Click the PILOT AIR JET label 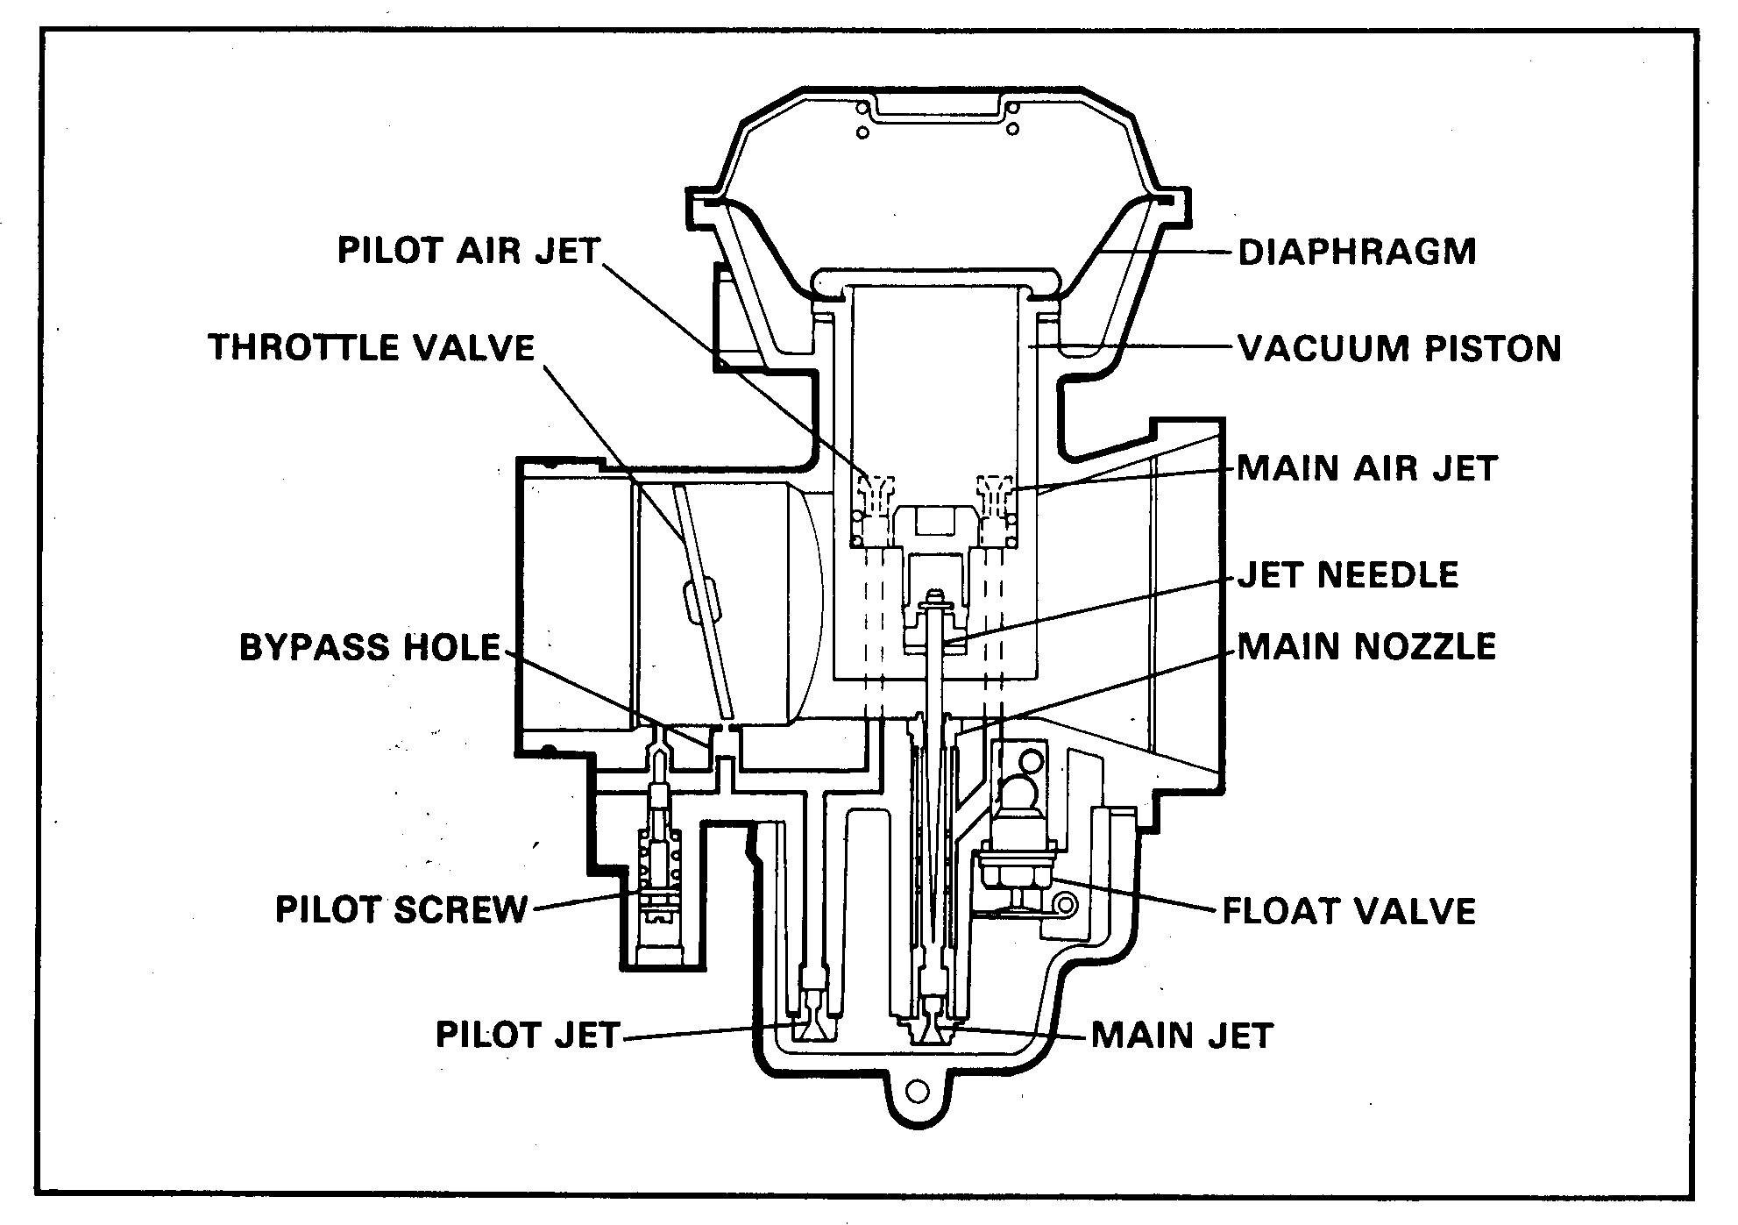pos(469,251)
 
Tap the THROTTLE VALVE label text pos(372,347)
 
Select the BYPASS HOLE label pos(370,647)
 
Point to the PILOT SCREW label pos(401,909)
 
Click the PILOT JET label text pos(528,1035)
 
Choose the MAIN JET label pos(1181,1036)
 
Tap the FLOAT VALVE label pos(1349,911)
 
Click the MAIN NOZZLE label pos(1366,646)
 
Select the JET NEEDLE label pos(1348,575)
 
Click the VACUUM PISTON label pos(1400,348)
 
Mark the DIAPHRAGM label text pos(1357,253)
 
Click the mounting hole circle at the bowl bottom pos(917,1092)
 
